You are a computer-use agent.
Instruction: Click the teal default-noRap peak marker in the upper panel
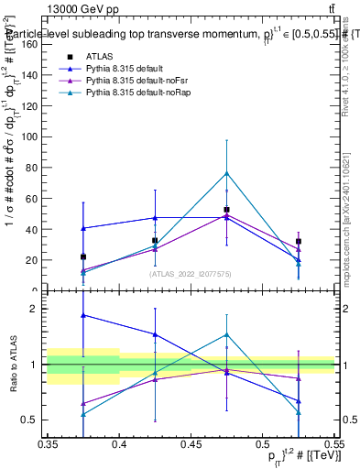pyautogui.click(x=226, y=173)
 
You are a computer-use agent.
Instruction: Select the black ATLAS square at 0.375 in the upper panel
pyautogui.click(x=83, y=257)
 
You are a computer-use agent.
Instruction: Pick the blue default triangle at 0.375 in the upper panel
pyautogui.click(x=83, y=228)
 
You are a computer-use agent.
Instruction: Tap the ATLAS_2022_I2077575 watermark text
pyautogui.click(x=191, y=273)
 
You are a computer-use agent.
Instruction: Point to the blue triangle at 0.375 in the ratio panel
pyautogui.click(x=83, y=315)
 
